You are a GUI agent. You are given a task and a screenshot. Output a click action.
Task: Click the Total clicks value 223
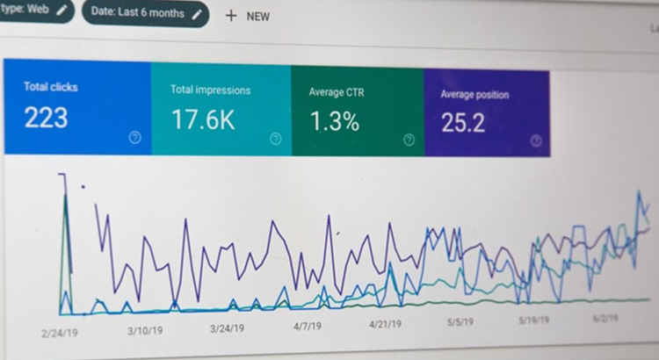coord(46,117)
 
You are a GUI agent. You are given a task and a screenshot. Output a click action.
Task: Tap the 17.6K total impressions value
coord(203,119)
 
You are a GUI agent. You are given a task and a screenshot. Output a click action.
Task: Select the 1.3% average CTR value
coord(334,122)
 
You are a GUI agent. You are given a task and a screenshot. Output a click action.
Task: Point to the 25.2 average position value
coord(463,123)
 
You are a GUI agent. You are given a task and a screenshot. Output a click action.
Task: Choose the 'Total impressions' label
coord(210,90)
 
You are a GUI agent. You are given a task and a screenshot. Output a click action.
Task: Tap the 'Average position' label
coord(474,95)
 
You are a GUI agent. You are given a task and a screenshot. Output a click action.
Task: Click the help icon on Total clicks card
coord(134,137)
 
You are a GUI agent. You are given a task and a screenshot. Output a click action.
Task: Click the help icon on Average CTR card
coord(409,140)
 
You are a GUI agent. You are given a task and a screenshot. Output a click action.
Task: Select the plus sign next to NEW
coord(231,15)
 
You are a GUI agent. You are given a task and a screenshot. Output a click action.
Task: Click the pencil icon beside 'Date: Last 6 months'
coord(197,13)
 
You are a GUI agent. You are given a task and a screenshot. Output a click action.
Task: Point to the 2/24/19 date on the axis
coord(60,334)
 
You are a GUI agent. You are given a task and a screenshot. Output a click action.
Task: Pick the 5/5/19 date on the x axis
coord(460,322)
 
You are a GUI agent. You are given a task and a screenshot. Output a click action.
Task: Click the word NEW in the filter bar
coord(257,16)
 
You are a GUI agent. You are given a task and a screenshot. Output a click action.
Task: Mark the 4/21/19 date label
coord(386,324)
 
